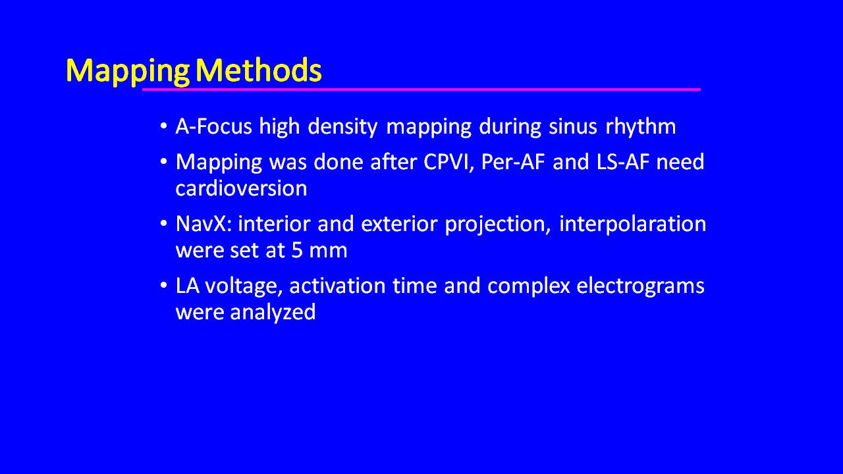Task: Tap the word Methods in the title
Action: [259, 70]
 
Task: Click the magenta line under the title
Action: [421, 90]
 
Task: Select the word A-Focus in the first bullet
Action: [213, 126]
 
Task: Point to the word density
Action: [342, 127]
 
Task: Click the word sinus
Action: [572, 126]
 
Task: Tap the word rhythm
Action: [641, 127]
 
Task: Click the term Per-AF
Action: [512, 162]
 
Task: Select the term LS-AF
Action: [623, 162]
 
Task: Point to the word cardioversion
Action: [241, 188]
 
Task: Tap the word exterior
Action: [398, 224]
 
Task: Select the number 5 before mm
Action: [296, 250]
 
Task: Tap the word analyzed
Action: [273, 313]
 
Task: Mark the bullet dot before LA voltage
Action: [163, 285]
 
